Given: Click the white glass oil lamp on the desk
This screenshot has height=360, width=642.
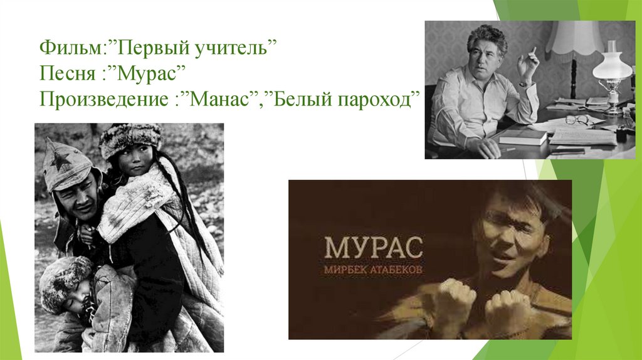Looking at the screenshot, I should [x=611, y=66].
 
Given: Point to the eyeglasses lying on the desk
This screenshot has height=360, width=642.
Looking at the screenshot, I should [x=577, y=120].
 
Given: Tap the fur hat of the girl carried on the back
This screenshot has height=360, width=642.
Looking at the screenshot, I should [x=130, y=136].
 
